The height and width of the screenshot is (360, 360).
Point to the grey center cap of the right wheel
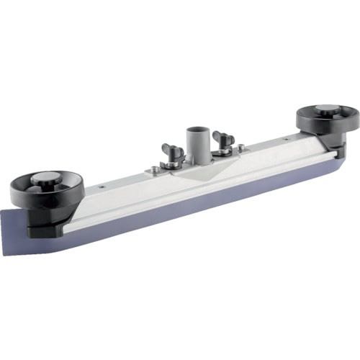coord(327,109)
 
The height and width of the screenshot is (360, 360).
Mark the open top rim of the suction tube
coord(196,131)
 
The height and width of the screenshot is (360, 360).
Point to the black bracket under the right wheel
coord(333,148)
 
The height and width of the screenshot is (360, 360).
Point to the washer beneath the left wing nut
coord(173,164)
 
